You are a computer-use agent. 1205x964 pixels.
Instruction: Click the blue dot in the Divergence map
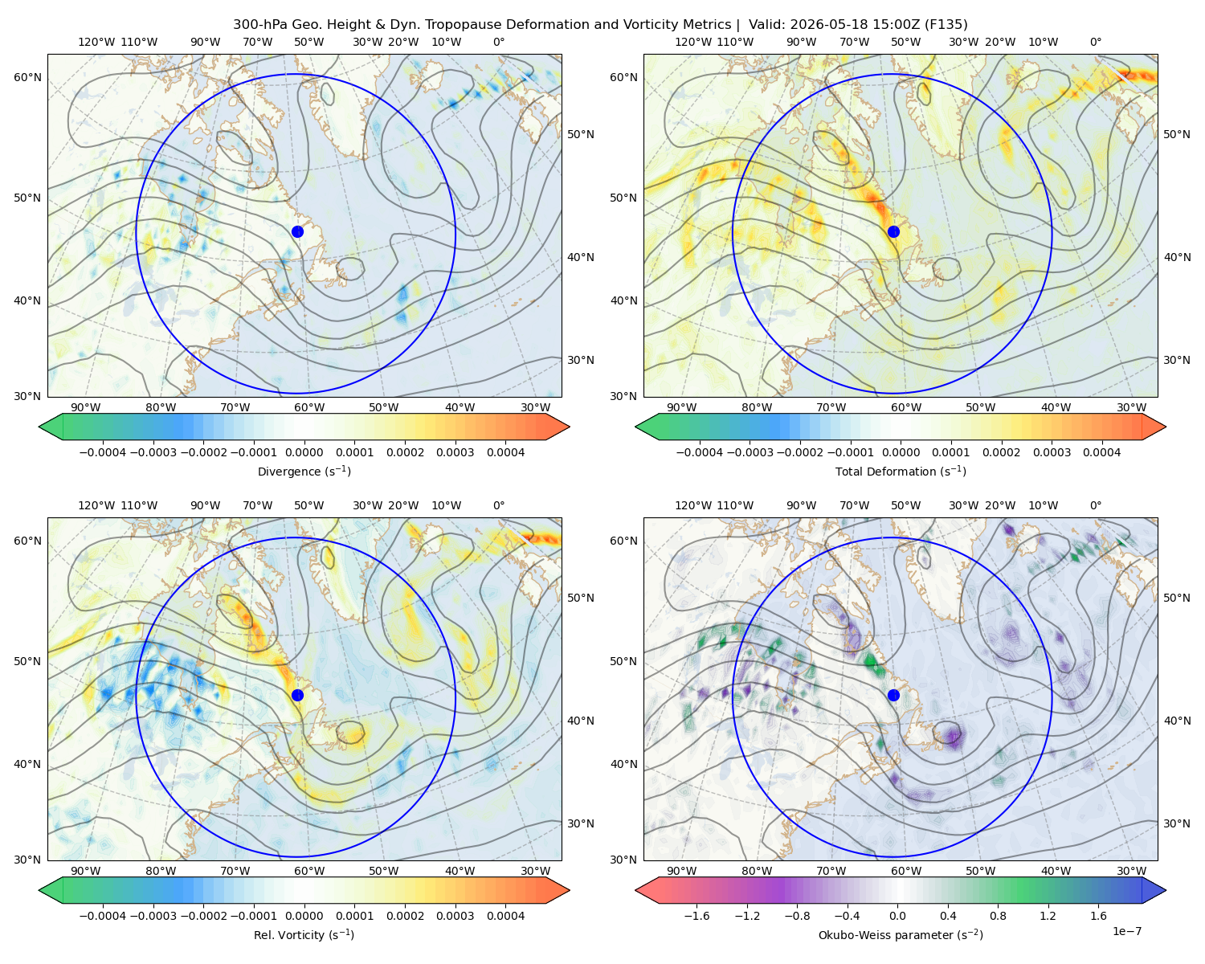[x=297, y=231]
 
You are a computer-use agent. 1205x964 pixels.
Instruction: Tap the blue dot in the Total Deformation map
[x=893, y=231]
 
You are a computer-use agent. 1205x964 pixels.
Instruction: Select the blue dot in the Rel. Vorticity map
[x=297, y=695]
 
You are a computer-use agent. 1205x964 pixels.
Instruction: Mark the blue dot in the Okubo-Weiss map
[x=893, y=695]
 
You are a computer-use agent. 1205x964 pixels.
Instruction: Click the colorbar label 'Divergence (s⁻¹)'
[x=304, y=471]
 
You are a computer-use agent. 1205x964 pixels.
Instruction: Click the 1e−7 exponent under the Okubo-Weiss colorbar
[x=1126, y=931]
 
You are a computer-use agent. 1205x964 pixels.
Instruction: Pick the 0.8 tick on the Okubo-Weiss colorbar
[x=998, y=915]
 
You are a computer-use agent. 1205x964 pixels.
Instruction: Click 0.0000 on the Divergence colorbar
[x=304, y=452]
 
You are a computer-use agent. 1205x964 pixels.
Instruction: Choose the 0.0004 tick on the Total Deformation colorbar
[x=1101, y=452]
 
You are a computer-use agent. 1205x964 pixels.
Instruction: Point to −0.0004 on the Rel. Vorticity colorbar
[x=103, y=915]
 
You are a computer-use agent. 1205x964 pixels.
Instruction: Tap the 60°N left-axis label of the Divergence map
[x=27, y=77]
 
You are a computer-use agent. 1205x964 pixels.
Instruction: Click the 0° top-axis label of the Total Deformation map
[x=1095, y=42]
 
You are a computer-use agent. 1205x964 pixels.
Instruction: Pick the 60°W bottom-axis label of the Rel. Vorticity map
[x=309, y=871]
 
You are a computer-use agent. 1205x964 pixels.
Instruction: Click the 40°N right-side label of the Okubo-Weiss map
[x=1177, y=721]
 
